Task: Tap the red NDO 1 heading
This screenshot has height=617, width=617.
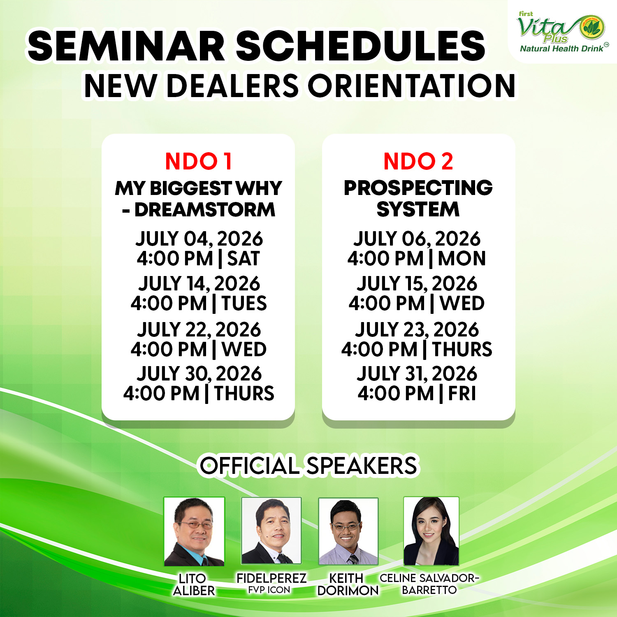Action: click(x=199, y=161)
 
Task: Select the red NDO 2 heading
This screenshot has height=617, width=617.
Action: click(x=418, y=161)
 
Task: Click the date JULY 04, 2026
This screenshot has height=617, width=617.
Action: click(x=199, y=239)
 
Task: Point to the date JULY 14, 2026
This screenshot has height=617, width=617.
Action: click(x=199, y=283)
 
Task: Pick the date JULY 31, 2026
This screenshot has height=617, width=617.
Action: click(x=417, y=373)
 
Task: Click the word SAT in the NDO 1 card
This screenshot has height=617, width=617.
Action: click(x=244, y=258)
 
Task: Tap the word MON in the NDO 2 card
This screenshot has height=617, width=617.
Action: click(x=462, y=258)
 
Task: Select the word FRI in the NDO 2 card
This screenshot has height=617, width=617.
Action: click(x=462, y=393)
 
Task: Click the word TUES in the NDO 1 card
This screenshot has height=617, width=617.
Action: click(x=244, y=303)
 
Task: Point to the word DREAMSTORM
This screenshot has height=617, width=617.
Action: click(x=205, y=209)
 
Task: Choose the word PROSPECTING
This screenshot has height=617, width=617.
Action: click(x=418, y=188)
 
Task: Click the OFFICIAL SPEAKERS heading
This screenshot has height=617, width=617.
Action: click(x=308, y=466)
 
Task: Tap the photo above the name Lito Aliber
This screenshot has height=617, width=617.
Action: click(x=194, y=531)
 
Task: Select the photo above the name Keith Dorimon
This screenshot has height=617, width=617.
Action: click(x=348, y=531)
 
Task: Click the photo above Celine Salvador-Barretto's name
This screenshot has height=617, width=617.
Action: click(x=431, y=531)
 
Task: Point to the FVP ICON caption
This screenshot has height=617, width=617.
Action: click(x=269, y=590)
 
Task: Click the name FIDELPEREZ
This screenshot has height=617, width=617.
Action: click(x=271, y=578)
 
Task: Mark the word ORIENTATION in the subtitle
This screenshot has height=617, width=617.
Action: click(x=411, y=86)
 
